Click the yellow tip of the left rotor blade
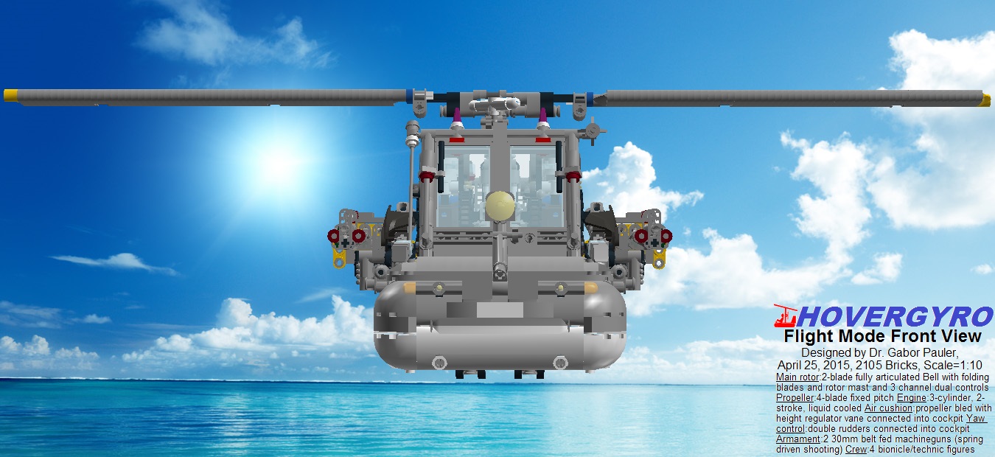tap(10, 95)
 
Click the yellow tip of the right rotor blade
tap(985, 100)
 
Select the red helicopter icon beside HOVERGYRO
tap(786, 316)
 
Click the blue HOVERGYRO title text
tap(895, 318)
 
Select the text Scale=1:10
tap(956, 365)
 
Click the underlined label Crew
tap(858, 449)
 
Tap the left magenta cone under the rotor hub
tap(457, 116)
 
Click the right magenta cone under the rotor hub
tap(543, 116)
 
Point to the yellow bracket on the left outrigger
tap(340, 257)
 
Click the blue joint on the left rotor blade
tap(408, 95)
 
